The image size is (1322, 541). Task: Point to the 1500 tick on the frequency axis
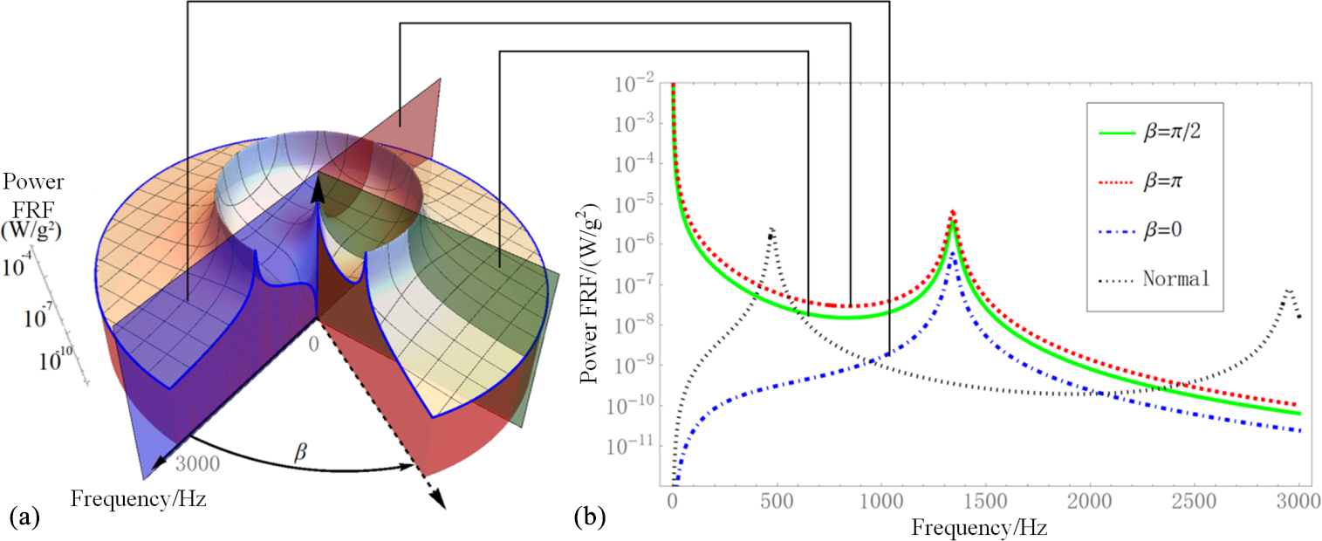point(985,504)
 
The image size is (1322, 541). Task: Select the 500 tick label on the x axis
point(776,504)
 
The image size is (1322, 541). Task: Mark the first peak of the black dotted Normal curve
point(771,229)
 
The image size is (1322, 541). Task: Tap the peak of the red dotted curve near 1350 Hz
point(953,211)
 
